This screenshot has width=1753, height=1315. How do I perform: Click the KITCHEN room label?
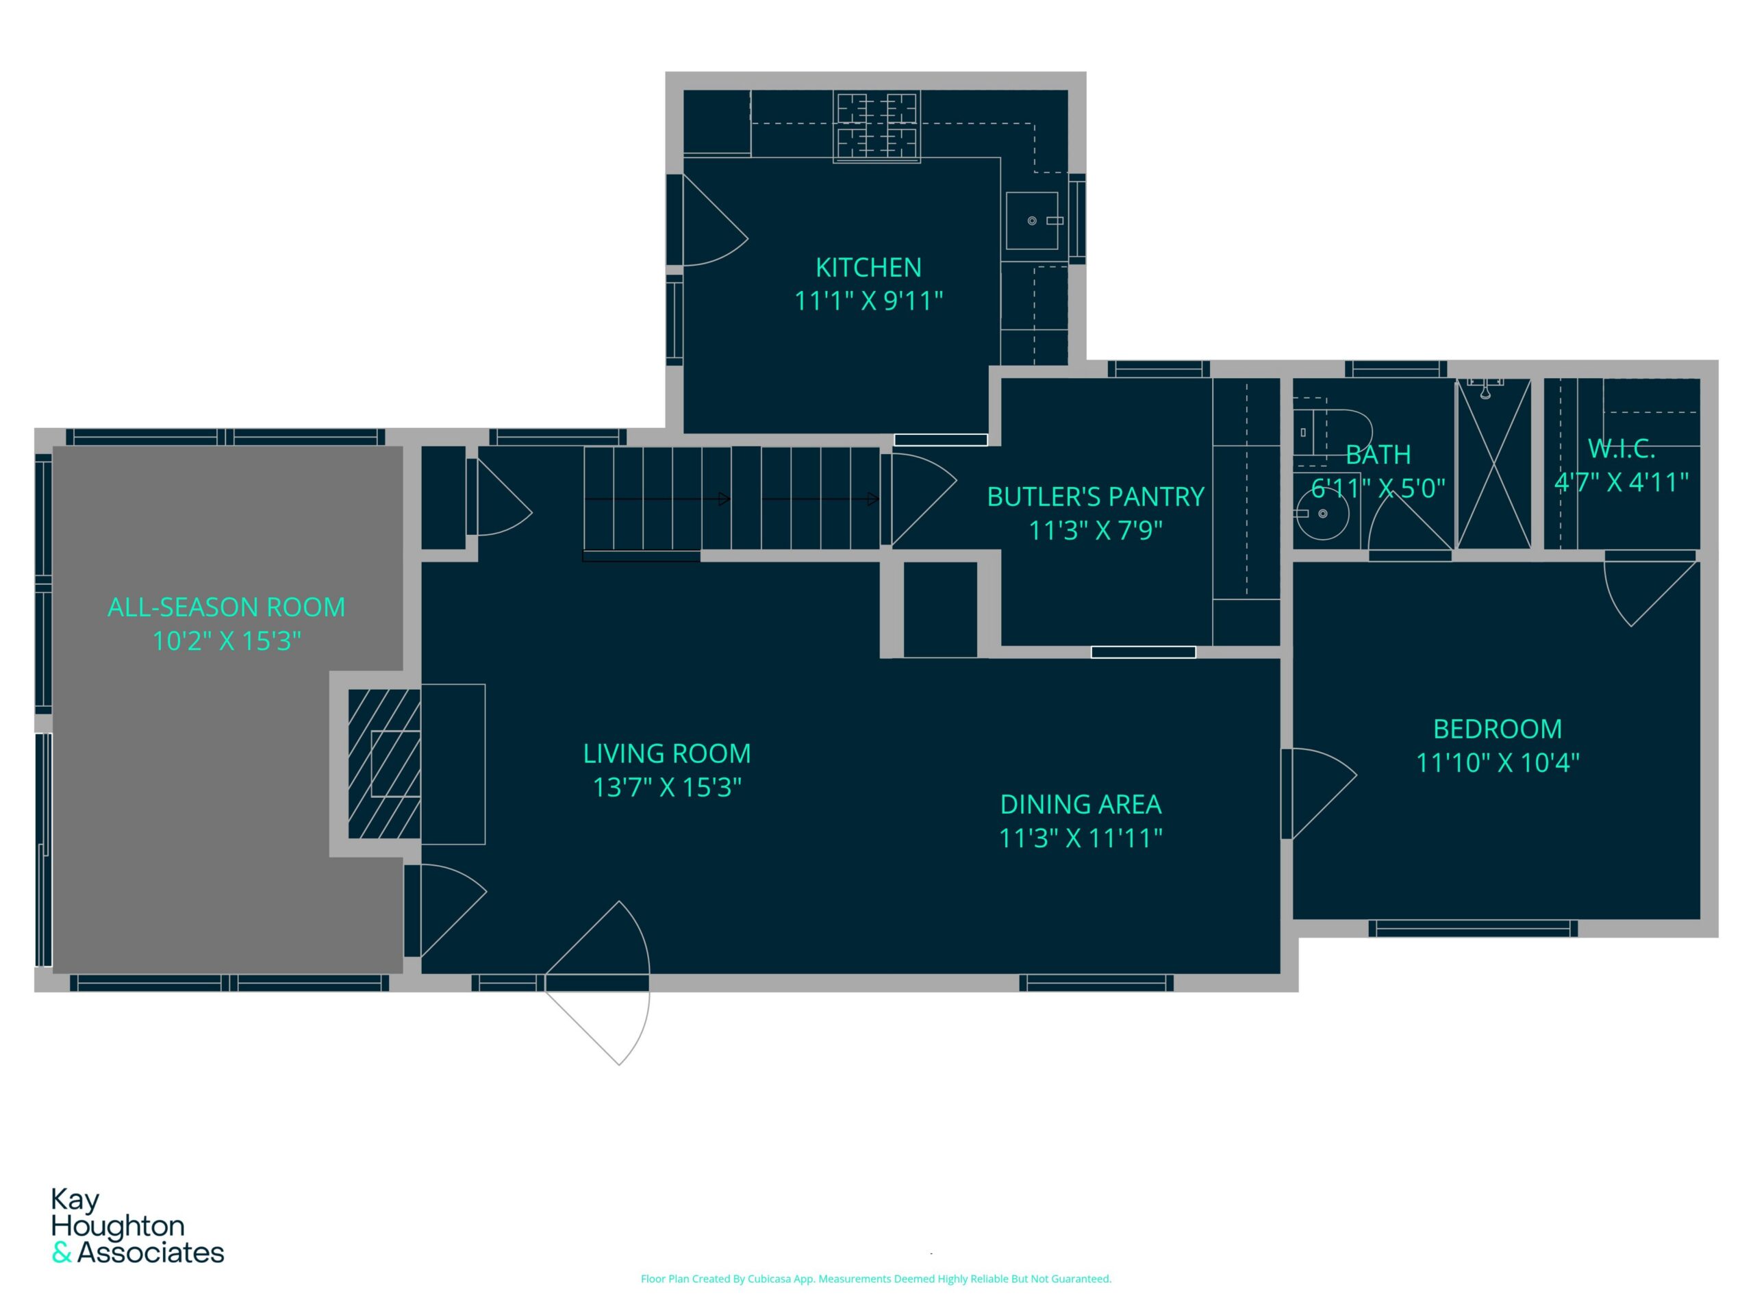(868, 268)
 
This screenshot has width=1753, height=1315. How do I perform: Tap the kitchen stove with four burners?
(876, 127)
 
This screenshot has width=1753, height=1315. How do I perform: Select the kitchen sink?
(1032, 221)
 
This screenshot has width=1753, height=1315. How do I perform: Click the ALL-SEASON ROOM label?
(227, 608)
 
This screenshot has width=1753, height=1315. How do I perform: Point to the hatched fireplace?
(384, 764)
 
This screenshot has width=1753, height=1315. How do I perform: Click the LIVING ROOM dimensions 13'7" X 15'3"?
(667, 787)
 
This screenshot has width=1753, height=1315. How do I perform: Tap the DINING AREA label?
(1081, 805)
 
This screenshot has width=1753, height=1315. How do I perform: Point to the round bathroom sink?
(1322, 514)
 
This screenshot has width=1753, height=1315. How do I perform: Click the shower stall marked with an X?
(1494, 464)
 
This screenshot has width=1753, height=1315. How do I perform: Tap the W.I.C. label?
(1622, 449)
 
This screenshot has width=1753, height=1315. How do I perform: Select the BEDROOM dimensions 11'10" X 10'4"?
(1498, 762)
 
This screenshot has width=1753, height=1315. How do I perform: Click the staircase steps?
(731, 498)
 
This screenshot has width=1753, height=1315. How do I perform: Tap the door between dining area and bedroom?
(1319, 793)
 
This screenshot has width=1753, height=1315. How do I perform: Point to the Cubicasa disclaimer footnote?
(876, 1279)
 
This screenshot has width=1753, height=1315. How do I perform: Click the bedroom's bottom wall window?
(1473, 928)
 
